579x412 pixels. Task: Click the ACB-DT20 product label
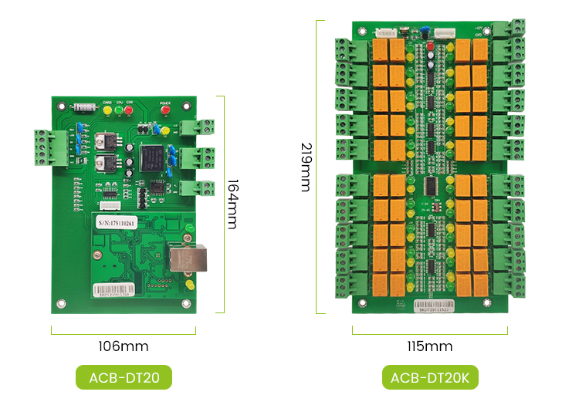click(x=124, y=378)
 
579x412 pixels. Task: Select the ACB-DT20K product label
click(x=430, y=378)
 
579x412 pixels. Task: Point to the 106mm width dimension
click(x=124, y=346)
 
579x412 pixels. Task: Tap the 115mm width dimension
click(x=430, y=346)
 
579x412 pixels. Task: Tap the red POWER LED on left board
click(x=164, y=110)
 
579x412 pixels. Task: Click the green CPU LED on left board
click(x=118, y=110)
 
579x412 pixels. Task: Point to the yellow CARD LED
click(x=107, y=110)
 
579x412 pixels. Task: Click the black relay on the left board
click(x=152, y=160)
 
